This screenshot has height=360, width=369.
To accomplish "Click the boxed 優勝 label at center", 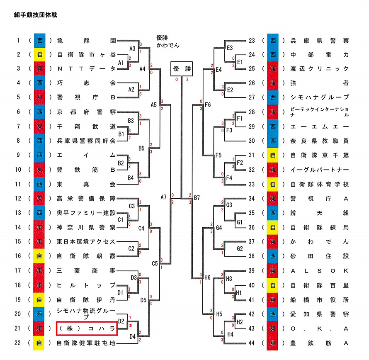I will [x=182, y=68].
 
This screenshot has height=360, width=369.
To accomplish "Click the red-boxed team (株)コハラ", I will [x=87, y=329].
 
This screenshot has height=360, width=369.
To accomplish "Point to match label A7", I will [x=164, y=197].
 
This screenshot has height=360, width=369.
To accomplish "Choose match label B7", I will [x=197, y=197].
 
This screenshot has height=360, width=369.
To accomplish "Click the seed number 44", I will [x=251, y=343].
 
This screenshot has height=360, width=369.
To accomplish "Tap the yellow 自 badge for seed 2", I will [x=39, y=54].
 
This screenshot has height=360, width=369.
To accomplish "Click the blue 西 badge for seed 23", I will [x=273, y=41].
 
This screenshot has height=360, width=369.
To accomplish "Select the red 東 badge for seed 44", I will [x=273, y=343].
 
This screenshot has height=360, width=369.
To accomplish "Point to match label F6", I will [x=208, y=105].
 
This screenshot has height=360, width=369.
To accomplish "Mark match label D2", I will [x=121, y=321].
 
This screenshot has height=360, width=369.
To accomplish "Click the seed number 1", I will [x=18, y=41].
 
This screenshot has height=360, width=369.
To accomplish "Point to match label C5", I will [x=155, y=263].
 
